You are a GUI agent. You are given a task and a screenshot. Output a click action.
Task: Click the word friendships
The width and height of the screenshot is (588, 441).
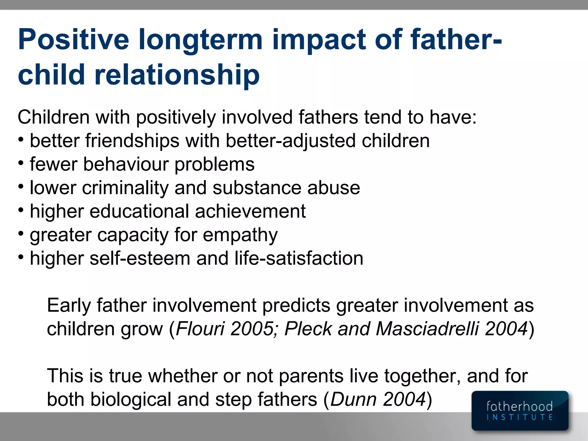(132, 141)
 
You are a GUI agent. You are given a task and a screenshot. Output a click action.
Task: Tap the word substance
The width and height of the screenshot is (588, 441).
(257, 188)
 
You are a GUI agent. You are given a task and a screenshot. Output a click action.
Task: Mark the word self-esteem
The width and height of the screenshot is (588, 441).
(140, 259)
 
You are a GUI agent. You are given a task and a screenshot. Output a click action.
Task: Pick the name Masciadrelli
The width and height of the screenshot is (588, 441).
(427, 329)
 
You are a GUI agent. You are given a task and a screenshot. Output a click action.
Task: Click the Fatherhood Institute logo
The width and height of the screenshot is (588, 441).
(520, 411)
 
